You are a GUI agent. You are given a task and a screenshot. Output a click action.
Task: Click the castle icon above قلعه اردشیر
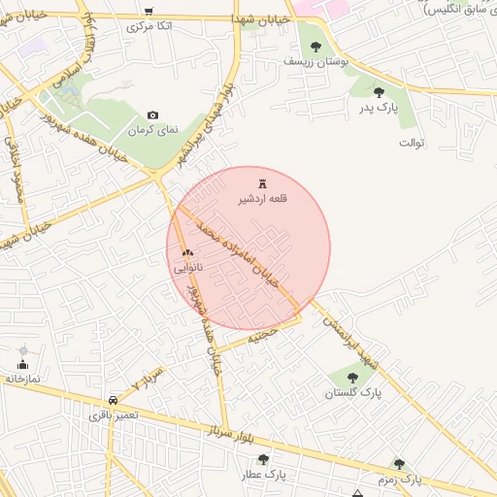(x=262, y=182)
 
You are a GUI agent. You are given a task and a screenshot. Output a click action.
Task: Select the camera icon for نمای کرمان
(x=152, y=115)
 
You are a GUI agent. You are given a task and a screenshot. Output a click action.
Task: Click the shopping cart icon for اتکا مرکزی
(x=148, y=12)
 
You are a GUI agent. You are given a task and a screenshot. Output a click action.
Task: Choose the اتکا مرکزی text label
(x=150, y=26)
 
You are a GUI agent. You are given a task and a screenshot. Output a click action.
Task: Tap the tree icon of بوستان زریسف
(x=315, y=45)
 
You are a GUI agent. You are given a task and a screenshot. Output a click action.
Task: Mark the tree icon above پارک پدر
(x=379, y=92)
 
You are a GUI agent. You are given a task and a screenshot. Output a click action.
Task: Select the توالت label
(x=413, y=143)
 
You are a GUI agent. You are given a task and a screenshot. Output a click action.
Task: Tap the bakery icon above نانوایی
(x=188, y=251)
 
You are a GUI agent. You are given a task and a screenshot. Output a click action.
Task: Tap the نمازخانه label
(x=22, y=380)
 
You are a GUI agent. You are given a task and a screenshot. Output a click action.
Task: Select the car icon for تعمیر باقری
(x=115, y=400)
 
